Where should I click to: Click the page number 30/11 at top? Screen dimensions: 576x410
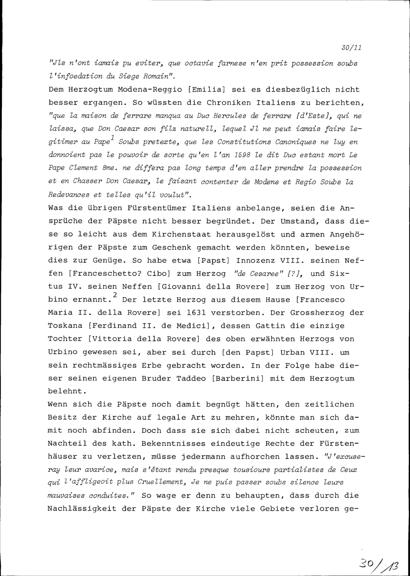pos(351,48)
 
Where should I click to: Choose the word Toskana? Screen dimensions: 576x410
pos(66,325)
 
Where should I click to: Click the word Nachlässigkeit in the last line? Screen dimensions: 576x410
pos(82,509)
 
